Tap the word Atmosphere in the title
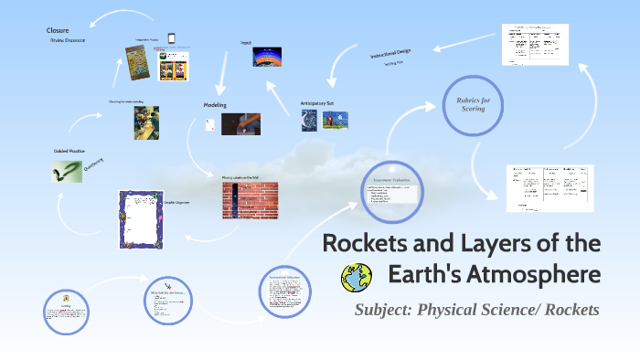tap(542, 274)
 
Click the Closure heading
tap(58, 30)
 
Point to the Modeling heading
tap(215, 105)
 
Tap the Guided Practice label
tap(69, 150)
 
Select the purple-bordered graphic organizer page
tap(141, 219)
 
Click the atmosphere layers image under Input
tap(267, 57)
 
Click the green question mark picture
tap(68, 170)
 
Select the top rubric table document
tap(535, 45)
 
